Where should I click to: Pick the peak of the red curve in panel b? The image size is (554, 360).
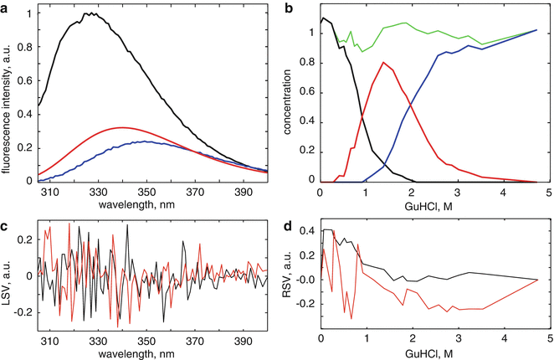click(x=383, y=62)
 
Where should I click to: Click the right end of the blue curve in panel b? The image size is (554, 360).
click(x=536, y=30)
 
